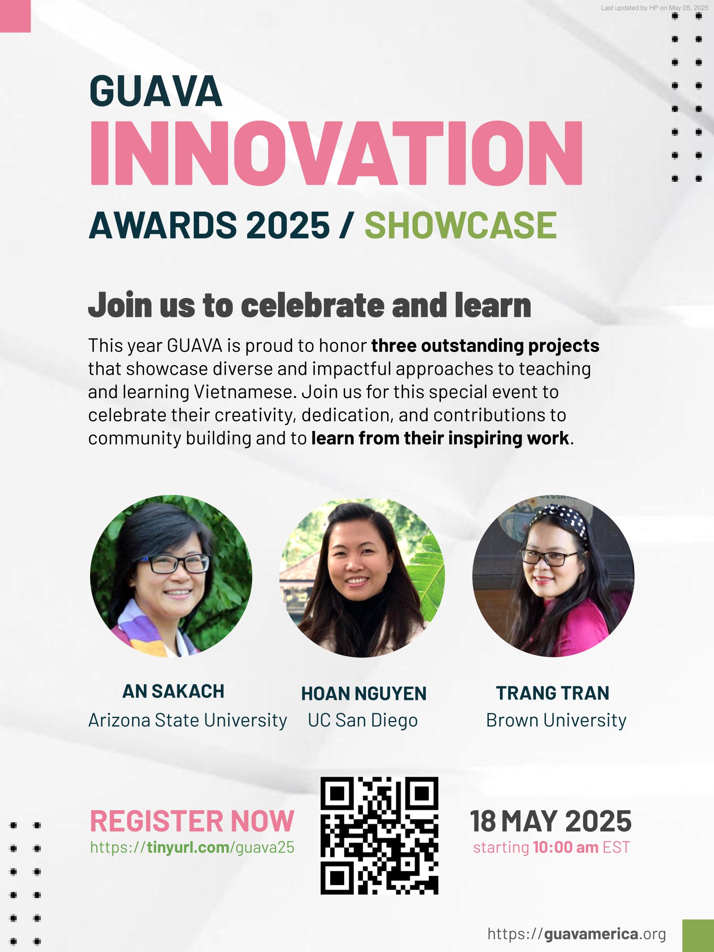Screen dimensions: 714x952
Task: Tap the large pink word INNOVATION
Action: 336,153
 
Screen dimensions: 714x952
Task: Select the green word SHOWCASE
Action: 461,225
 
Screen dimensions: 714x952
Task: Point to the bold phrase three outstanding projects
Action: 485,345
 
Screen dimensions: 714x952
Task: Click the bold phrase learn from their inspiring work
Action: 440,438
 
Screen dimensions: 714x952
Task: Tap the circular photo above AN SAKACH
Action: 171,576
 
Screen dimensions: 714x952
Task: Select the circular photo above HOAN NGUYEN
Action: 362,578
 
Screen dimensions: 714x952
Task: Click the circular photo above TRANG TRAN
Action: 553,576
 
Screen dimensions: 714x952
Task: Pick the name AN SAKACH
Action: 174,692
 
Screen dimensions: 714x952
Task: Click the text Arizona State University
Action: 188,720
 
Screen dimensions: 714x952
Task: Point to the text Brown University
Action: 556,720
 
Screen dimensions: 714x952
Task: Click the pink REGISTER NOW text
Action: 192,821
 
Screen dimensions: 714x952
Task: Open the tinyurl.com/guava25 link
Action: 192,847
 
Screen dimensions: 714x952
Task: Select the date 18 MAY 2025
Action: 551,821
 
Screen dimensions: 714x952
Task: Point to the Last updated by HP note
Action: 654,8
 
